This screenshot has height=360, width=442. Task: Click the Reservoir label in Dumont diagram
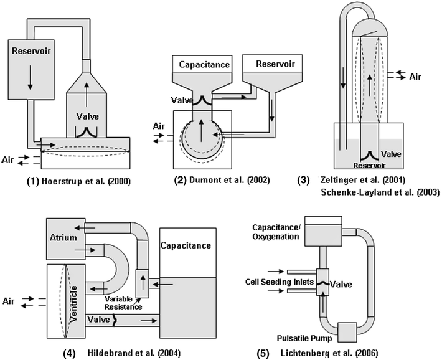[x=265, y=64]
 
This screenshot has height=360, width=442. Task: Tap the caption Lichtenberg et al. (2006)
[x=369, y=353]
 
